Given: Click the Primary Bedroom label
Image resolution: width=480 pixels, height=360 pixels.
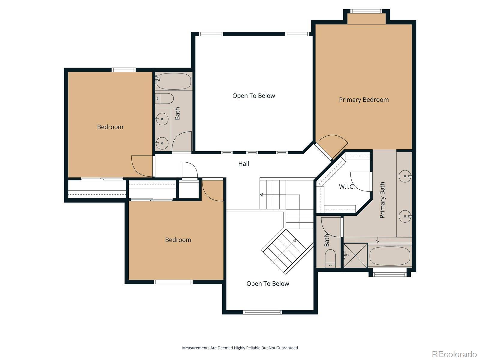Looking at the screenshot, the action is [364, 100].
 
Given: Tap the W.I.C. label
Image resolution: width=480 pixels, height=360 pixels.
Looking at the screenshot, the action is [346, 187].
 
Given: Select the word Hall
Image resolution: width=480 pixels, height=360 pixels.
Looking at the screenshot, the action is [244, 164].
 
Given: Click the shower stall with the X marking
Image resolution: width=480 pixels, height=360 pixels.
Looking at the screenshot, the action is [355, 256].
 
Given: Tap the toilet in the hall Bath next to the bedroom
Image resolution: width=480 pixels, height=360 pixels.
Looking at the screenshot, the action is [164, 99].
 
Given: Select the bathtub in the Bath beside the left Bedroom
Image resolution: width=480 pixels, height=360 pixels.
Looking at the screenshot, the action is [174, 81].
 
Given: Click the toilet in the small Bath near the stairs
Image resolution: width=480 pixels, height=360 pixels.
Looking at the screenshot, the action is [330, 258].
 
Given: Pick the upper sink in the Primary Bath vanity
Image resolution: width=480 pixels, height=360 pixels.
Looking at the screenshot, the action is [405, 176].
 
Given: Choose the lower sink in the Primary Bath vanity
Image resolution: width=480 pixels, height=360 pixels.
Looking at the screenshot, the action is [405, 216].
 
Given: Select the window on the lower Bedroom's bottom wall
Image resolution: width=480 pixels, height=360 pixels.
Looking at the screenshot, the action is [173, 282].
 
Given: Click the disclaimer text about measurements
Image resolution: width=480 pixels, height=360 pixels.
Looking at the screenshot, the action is [240, 348].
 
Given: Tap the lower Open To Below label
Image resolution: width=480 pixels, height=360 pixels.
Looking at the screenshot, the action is [268, 284].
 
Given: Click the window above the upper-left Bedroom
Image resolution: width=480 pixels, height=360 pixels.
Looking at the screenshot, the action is [124, 70].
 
